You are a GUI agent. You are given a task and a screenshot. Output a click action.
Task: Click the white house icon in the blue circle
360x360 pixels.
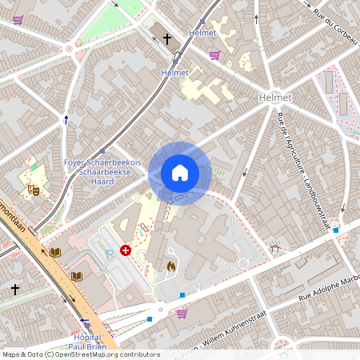(180, 173)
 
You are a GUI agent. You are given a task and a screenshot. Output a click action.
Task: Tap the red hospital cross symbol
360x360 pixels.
(126, 250)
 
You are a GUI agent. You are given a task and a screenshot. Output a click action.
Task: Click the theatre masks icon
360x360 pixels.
(34, 190)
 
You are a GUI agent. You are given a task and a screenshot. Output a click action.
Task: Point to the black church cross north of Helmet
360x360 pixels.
(168, 38)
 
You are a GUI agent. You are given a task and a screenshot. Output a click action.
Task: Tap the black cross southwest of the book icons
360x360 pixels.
(15, 287)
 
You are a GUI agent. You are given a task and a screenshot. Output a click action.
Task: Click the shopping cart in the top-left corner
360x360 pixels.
(18, 19)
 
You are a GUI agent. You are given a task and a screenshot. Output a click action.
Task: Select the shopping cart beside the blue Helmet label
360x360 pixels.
(214, 55)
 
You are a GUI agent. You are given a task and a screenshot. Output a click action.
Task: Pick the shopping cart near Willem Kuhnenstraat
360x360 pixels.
(182, 313)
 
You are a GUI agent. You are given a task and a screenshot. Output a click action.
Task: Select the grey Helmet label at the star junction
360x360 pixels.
(275, 97)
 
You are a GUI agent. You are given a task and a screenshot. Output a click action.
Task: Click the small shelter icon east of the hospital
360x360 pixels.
(276, 249)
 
